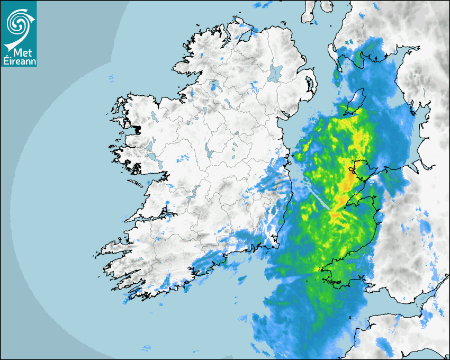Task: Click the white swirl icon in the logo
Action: (x=18, y=22)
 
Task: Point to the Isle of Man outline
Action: (x=355, y=102)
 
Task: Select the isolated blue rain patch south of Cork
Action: (x=243, y=279)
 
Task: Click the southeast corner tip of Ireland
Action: (x=277, y=246)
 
